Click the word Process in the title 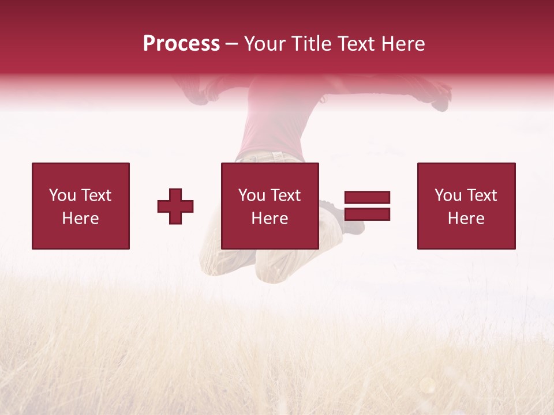click(181, 44)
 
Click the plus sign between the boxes click(175, 206)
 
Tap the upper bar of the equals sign click(367, 197)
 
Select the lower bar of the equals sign click(367, 214)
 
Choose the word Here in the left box click(80, 218)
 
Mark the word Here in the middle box click(269, 218)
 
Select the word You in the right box click(448, 195)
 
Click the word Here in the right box click(466, 218)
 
